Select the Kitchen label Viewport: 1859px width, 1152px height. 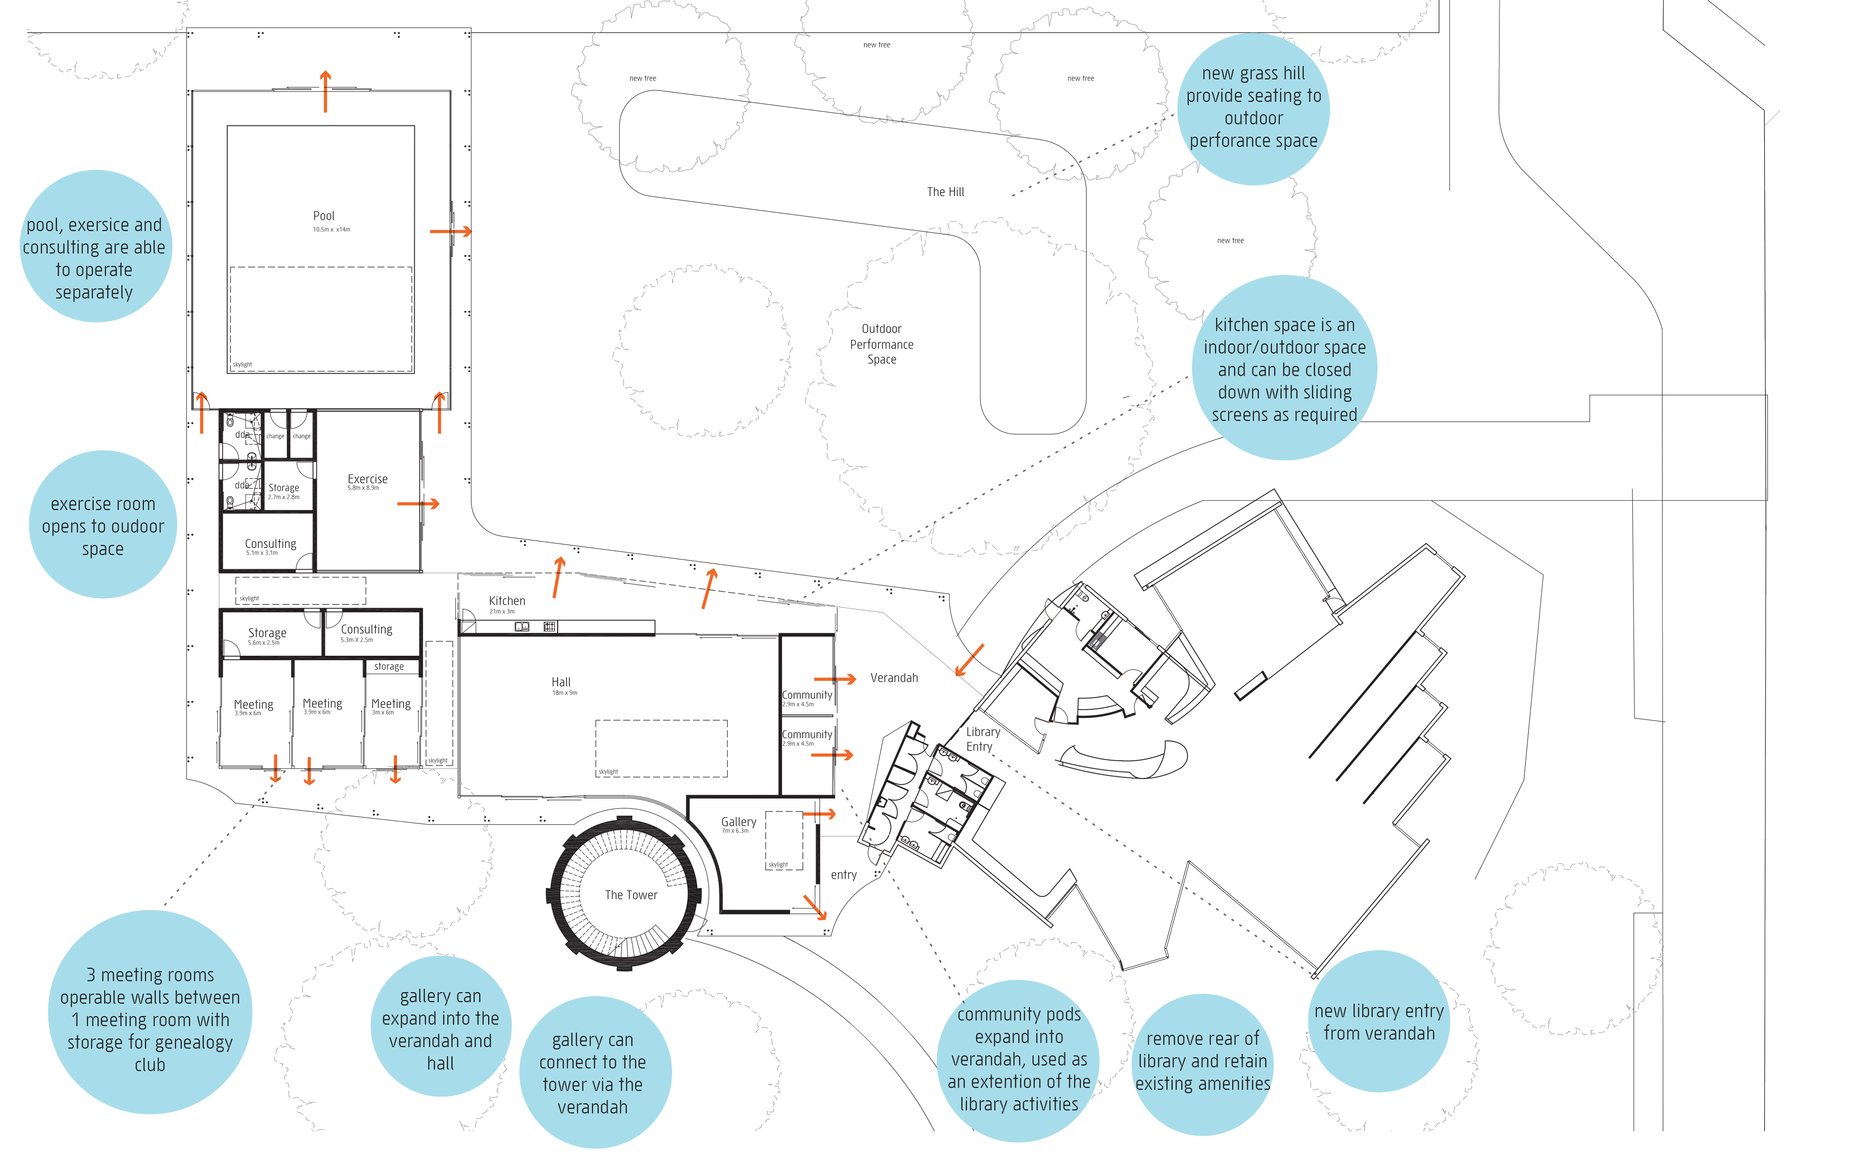click(507, 601)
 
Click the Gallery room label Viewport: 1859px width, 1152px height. click(738, 822)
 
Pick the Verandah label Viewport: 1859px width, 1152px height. click(894, 677)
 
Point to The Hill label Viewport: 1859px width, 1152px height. click(945, 192)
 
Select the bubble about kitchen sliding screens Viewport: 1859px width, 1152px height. click(1285, 369)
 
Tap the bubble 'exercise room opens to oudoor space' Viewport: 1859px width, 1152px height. click(103, 526)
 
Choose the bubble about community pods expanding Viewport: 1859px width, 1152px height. click(1019, 1059)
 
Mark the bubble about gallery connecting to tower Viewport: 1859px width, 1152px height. click(593, 1073)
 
